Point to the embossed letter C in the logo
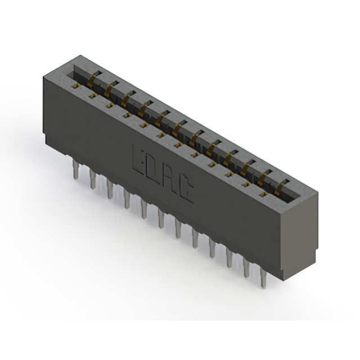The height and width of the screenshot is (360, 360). [186, 189]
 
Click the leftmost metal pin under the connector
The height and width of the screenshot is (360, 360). [75, 169]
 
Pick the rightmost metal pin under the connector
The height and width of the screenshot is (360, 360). [264, 277]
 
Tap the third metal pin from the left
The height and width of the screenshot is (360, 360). [110, 189]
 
